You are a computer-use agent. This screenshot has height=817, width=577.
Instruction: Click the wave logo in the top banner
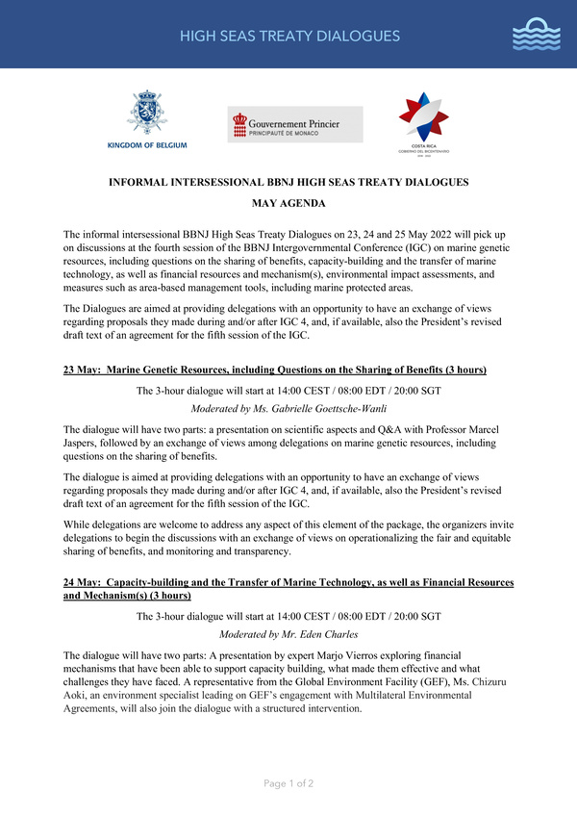tap(536, 35)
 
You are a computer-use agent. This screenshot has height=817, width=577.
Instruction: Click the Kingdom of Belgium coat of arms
tap(147, 114)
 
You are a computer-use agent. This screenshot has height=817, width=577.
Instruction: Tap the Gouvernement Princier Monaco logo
tap(294, 124)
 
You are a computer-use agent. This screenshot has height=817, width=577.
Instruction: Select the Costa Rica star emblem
tap(423, 117)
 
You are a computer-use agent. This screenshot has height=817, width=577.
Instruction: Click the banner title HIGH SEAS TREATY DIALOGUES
tap(288, 37)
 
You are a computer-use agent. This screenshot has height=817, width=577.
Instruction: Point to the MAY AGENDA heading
tap(288, 204)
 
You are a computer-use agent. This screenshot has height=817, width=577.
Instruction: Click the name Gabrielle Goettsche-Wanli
tap(314, 407)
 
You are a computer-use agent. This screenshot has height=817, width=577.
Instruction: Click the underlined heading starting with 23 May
tap(275, 370)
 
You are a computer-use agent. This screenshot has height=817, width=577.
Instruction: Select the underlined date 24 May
tap(83, 583)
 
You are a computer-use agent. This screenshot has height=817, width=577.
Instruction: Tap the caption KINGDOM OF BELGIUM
tap(148, 144)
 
